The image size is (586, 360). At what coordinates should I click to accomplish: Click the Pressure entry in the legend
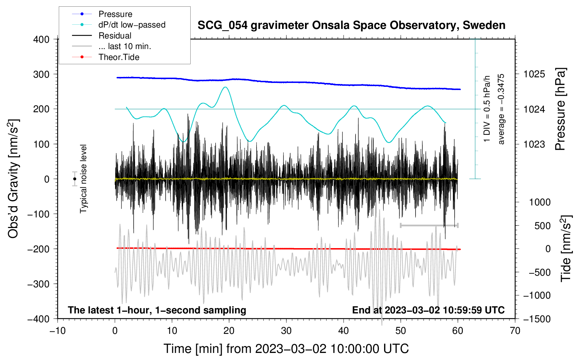point(115,14)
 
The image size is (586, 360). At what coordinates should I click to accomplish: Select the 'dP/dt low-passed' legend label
point(132,25)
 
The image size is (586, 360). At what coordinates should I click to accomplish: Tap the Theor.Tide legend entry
point(119,57)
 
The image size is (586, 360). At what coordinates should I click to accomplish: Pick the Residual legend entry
point(115,36)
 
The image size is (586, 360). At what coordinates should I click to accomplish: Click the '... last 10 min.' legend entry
point(125,46)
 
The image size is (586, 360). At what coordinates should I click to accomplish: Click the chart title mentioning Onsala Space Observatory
point(351,25)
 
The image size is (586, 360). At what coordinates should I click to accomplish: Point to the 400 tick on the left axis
point(41,40)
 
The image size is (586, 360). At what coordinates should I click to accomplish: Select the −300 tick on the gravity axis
point(39,284)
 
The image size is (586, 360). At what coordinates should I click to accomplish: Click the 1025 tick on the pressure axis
point(534,74)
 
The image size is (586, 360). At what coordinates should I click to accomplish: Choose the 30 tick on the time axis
point(286,331)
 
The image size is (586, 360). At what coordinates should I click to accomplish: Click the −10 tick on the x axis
point(58,331)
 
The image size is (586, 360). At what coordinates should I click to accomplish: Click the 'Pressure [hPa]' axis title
point(560,109)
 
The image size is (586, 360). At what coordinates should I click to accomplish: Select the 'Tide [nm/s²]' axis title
point(566,248)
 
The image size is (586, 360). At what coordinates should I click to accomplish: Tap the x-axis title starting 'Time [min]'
point(286,349)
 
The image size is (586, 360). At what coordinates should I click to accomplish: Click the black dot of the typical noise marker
point(75,179)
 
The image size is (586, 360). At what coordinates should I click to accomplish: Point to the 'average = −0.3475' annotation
point(501,109)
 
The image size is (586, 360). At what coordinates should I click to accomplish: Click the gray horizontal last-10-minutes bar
point(429,225)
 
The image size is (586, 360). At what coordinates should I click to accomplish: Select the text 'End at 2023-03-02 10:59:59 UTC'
point(428,310)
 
